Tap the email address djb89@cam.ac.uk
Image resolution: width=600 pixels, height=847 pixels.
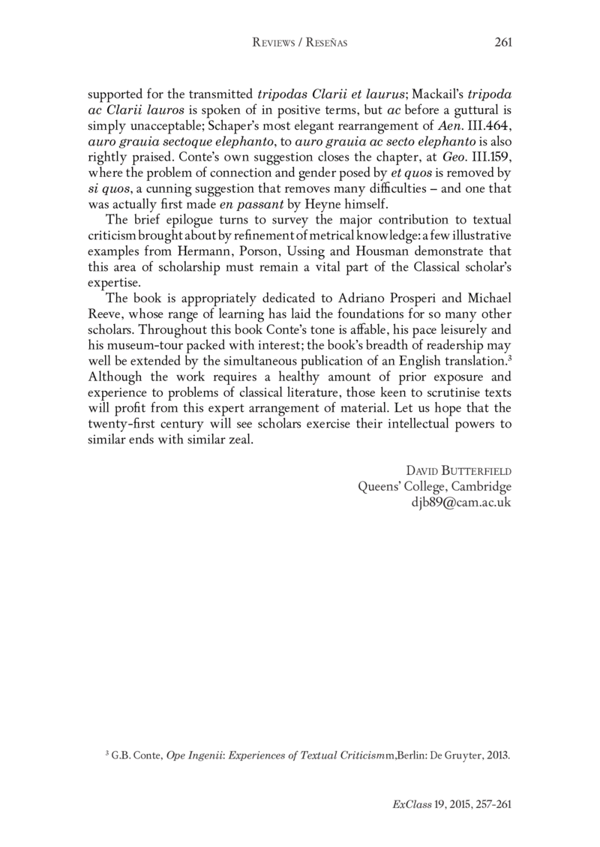457,503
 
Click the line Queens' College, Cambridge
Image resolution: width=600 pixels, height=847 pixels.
435,486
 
